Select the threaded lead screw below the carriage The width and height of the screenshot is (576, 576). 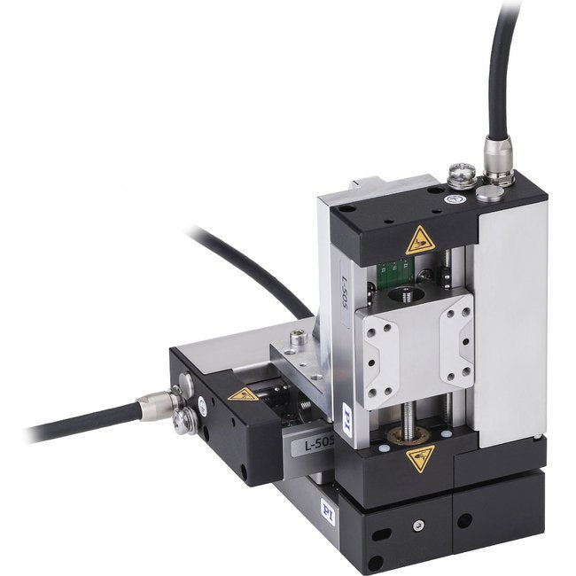411,416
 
